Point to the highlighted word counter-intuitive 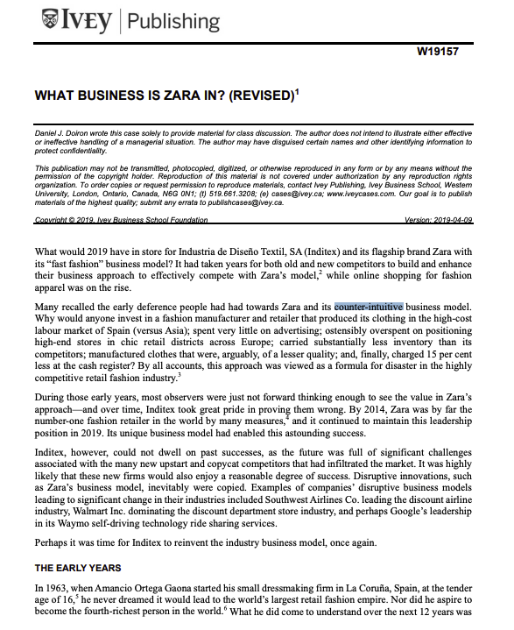368,307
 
